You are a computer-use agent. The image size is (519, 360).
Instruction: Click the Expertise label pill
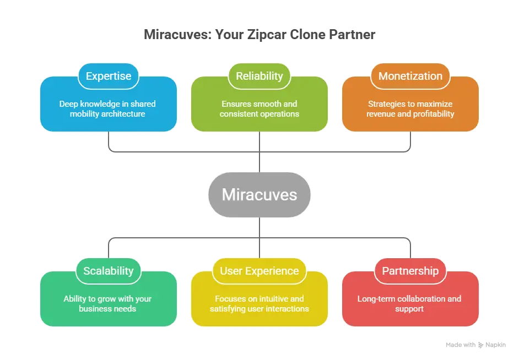pos(109,76)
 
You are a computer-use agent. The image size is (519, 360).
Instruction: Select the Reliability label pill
pos(259,76)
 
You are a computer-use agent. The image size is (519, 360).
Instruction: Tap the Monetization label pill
pos(410,76)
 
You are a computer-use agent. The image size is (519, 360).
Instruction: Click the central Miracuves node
pos(259,194)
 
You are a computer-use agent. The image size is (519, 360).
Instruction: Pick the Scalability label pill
pos(109,271)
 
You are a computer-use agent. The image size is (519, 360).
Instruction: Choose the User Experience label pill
pos(259,271)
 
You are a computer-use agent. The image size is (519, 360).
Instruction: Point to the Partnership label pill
pos(410,271)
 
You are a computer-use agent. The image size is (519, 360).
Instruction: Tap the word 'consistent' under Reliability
pos(238,114)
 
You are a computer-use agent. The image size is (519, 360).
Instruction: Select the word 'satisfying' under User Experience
pos(228,309)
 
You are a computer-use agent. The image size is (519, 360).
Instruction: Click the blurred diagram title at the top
pos(259,35)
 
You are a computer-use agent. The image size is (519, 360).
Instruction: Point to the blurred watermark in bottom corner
pos(475,344)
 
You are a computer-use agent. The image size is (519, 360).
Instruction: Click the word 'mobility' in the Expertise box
pos(85,114)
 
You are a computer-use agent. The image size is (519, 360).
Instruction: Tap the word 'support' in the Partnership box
pos(409,309)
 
